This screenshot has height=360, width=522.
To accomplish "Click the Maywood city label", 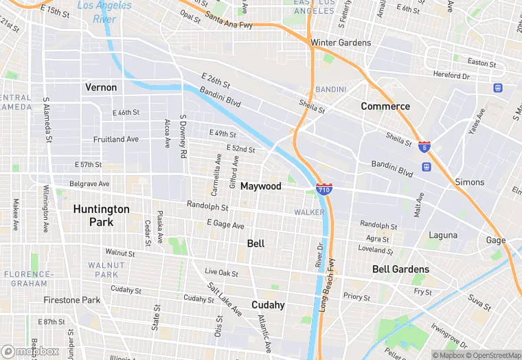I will [261, 186].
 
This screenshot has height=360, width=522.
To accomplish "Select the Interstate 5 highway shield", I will [424, 146].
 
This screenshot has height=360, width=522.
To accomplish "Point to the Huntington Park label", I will [101, 215].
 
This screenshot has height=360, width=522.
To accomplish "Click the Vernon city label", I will [101, 87].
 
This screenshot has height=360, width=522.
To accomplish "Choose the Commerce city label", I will [385, 106].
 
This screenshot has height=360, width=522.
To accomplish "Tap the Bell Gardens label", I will [400, 269].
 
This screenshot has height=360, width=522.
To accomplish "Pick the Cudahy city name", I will [268, 305].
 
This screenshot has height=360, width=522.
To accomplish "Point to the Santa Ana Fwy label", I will [229, 21].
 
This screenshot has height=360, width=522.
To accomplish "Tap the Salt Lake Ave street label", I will [225, 300].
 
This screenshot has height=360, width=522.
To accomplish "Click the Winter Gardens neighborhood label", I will [341, 43].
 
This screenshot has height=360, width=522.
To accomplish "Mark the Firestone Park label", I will [72, 300].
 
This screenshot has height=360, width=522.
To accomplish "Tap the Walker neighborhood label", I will [309, 212].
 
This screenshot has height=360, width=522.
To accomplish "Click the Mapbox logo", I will [30, 352].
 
